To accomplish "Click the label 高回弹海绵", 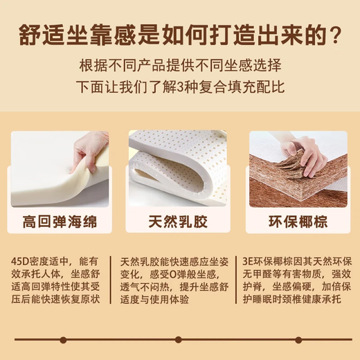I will [60, 223].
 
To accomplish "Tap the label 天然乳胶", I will [179, 223].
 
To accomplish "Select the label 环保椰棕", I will [298, 223].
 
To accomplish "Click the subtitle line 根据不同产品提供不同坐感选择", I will [179, 66].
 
